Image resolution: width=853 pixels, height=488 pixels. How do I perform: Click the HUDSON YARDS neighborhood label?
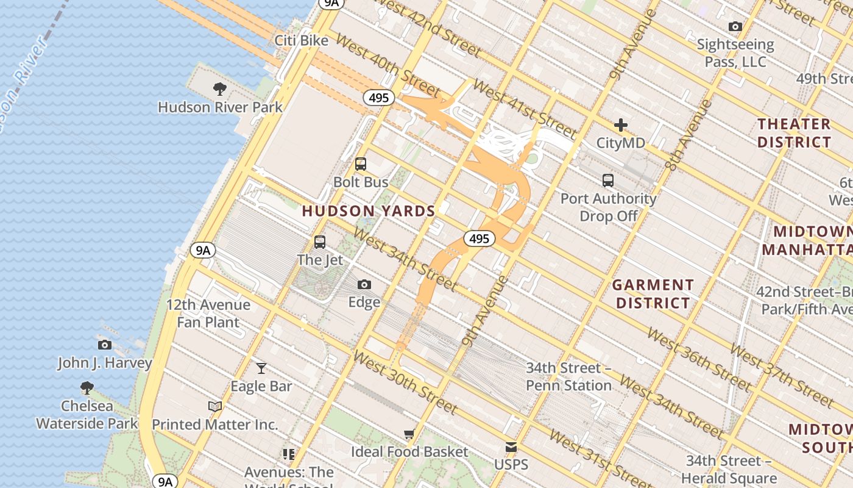point(369,211)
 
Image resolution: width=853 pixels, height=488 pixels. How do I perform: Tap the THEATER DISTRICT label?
point(794,133)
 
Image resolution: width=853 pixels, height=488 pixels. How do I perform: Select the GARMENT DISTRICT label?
point(653,293)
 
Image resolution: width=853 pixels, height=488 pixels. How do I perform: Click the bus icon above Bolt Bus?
point(361,164)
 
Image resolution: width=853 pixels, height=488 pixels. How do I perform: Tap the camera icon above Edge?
point(364,284)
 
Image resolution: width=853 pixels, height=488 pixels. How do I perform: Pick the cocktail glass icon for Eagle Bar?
point(261,368)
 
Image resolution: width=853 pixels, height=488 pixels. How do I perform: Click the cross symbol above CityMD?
point(621,125)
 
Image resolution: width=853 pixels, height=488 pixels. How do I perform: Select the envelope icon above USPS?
point(511,447)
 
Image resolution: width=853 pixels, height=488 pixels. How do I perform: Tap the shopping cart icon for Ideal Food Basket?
point(409,434)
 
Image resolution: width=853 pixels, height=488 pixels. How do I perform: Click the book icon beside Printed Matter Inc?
point(214,406)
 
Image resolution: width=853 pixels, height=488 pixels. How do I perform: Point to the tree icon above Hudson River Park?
point(220,89)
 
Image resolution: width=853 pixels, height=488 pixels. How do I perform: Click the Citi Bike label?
point(301,41)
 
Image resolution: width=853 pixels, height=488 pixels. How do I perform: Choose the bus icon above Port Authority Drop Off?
point(608,181)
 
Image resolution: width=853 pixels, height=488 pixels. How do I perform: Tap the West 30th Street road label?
point(405,382)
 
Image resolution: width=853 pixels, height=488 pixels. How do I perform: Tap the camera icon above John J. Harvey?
point(105,345)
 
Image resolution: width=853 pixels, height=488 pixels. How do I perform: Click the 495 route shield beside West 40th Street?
point(379,98)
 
